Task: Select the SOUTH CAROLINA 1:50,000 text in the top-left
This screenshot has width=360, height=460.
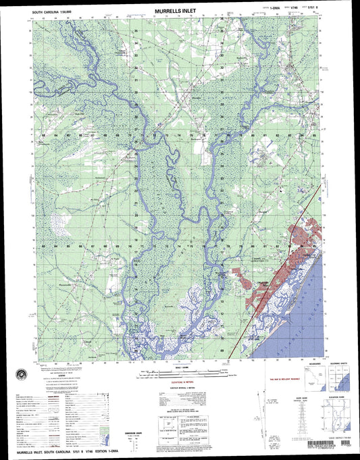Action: (x=51, y=12)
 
